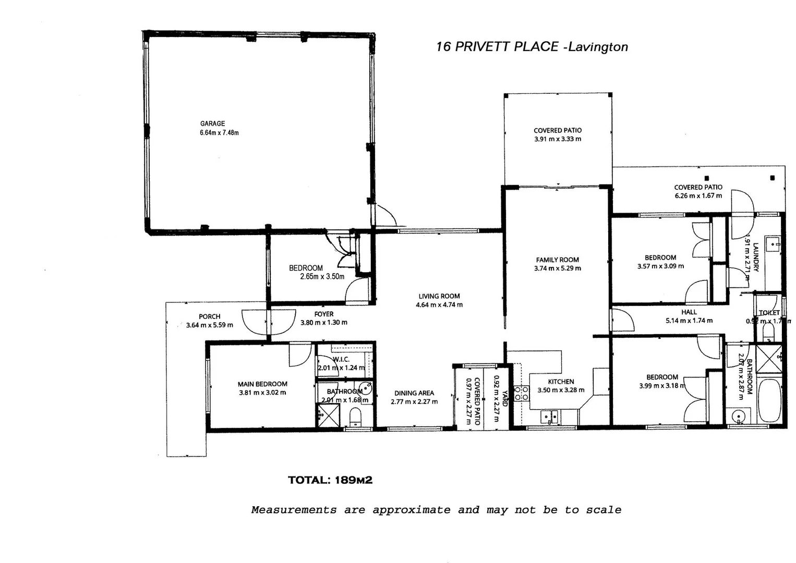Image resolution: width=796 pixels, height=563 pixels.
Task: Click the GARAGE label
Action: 212,124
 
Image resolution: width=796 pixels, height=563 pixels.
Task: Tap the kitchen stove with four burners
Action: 522,393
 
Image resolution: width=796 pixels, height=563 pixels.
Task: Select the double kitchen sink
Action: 549,417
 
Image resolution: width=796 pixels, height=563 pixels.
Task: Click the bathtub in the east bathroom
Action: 770,400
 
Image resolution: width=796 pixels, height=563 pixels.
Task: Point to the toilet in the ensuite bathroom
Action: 355,418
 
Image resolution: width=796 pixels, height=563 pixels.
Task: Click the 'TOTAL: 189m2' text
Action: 330,480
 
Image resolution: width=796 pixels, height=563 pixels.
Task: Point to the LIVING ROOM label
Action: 439,296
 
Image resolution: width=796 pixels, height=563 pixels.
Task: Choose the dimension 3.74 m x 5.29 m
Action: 557,268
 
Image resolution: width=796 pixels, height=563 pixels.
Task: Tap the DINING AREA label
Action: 414,393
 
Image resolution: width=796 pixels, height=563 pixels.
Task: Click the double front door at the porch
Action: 268,322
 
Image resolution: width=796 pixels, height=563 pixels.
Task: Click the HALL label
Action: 689,312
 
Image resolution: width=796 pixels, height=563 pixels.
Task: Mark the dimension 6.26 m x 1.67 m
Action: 698,195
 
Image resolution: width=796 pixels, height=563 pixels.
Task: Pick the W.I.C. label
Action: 341,359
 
